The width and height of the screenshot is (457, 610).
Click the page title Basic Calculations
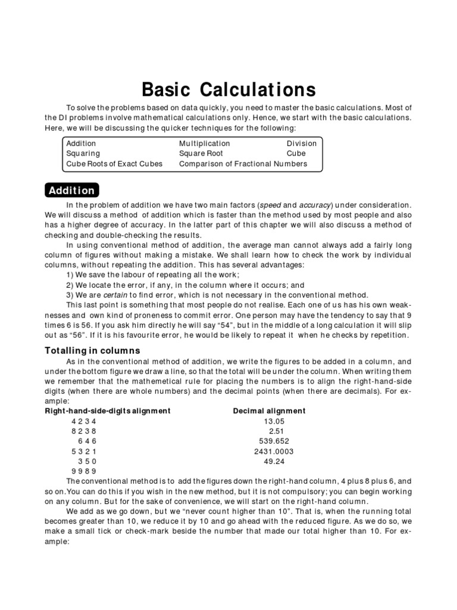click(228, 90)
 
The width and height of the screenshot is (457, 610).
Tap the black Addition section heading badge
click(71, 191)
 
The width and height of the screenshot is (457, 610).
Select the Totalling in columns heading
click(92, 351)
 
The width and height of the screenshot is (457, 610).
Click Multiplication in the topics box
click(205, 144)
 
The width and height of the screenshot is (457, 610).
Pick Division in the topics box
click(302, 144)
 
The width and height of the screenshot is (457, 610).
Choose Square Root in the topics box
click(201, 154)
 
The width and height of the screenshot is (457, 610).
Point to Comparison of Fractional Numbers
click(243, 164)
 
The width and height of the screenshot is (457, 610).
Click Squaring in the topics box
click(83, 154)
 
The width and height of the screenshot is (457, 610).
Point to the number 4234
click(83, 421)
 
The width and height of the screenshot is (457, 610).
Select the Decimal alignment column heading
click(269, 411)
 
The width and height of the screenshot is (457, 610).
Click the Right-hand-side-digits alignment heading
click(108, 411)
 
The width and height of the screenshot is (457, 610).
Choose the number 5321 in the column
click(83, 452)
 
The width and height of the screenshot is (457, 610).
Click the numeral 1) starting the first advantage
click(70, 275)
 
